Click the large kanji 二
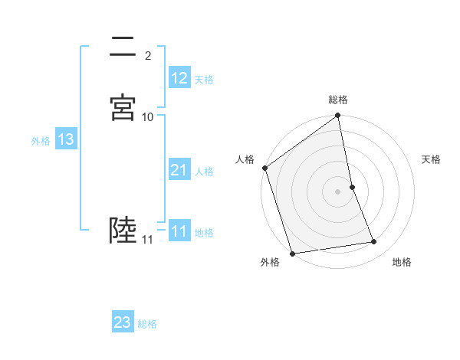point(123,48)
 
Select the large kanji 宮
point(123,108)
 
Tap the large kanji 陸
point(123,230)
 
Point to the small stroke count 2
point(148,56)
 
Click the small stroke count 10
point(148,116)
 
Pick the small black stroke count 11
point(147,240)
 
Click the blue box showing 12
point(179,78)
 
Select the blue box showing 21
point(179,170)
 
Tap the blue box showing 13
point(66,139)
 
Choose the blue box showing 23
point(123,322)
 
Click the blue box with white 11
point(179,231)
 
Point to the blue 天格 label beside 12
point(204,79)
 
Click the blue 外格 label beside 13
point(41,140)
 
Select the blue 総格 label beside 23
point(147,323)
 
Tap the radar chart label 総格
point(338,100)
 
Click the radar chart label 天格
point(432,159)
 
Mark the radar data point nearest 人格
point(265,168)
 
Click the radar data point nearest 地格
point(374,242)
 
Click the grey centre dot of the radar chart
point(338,191)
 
